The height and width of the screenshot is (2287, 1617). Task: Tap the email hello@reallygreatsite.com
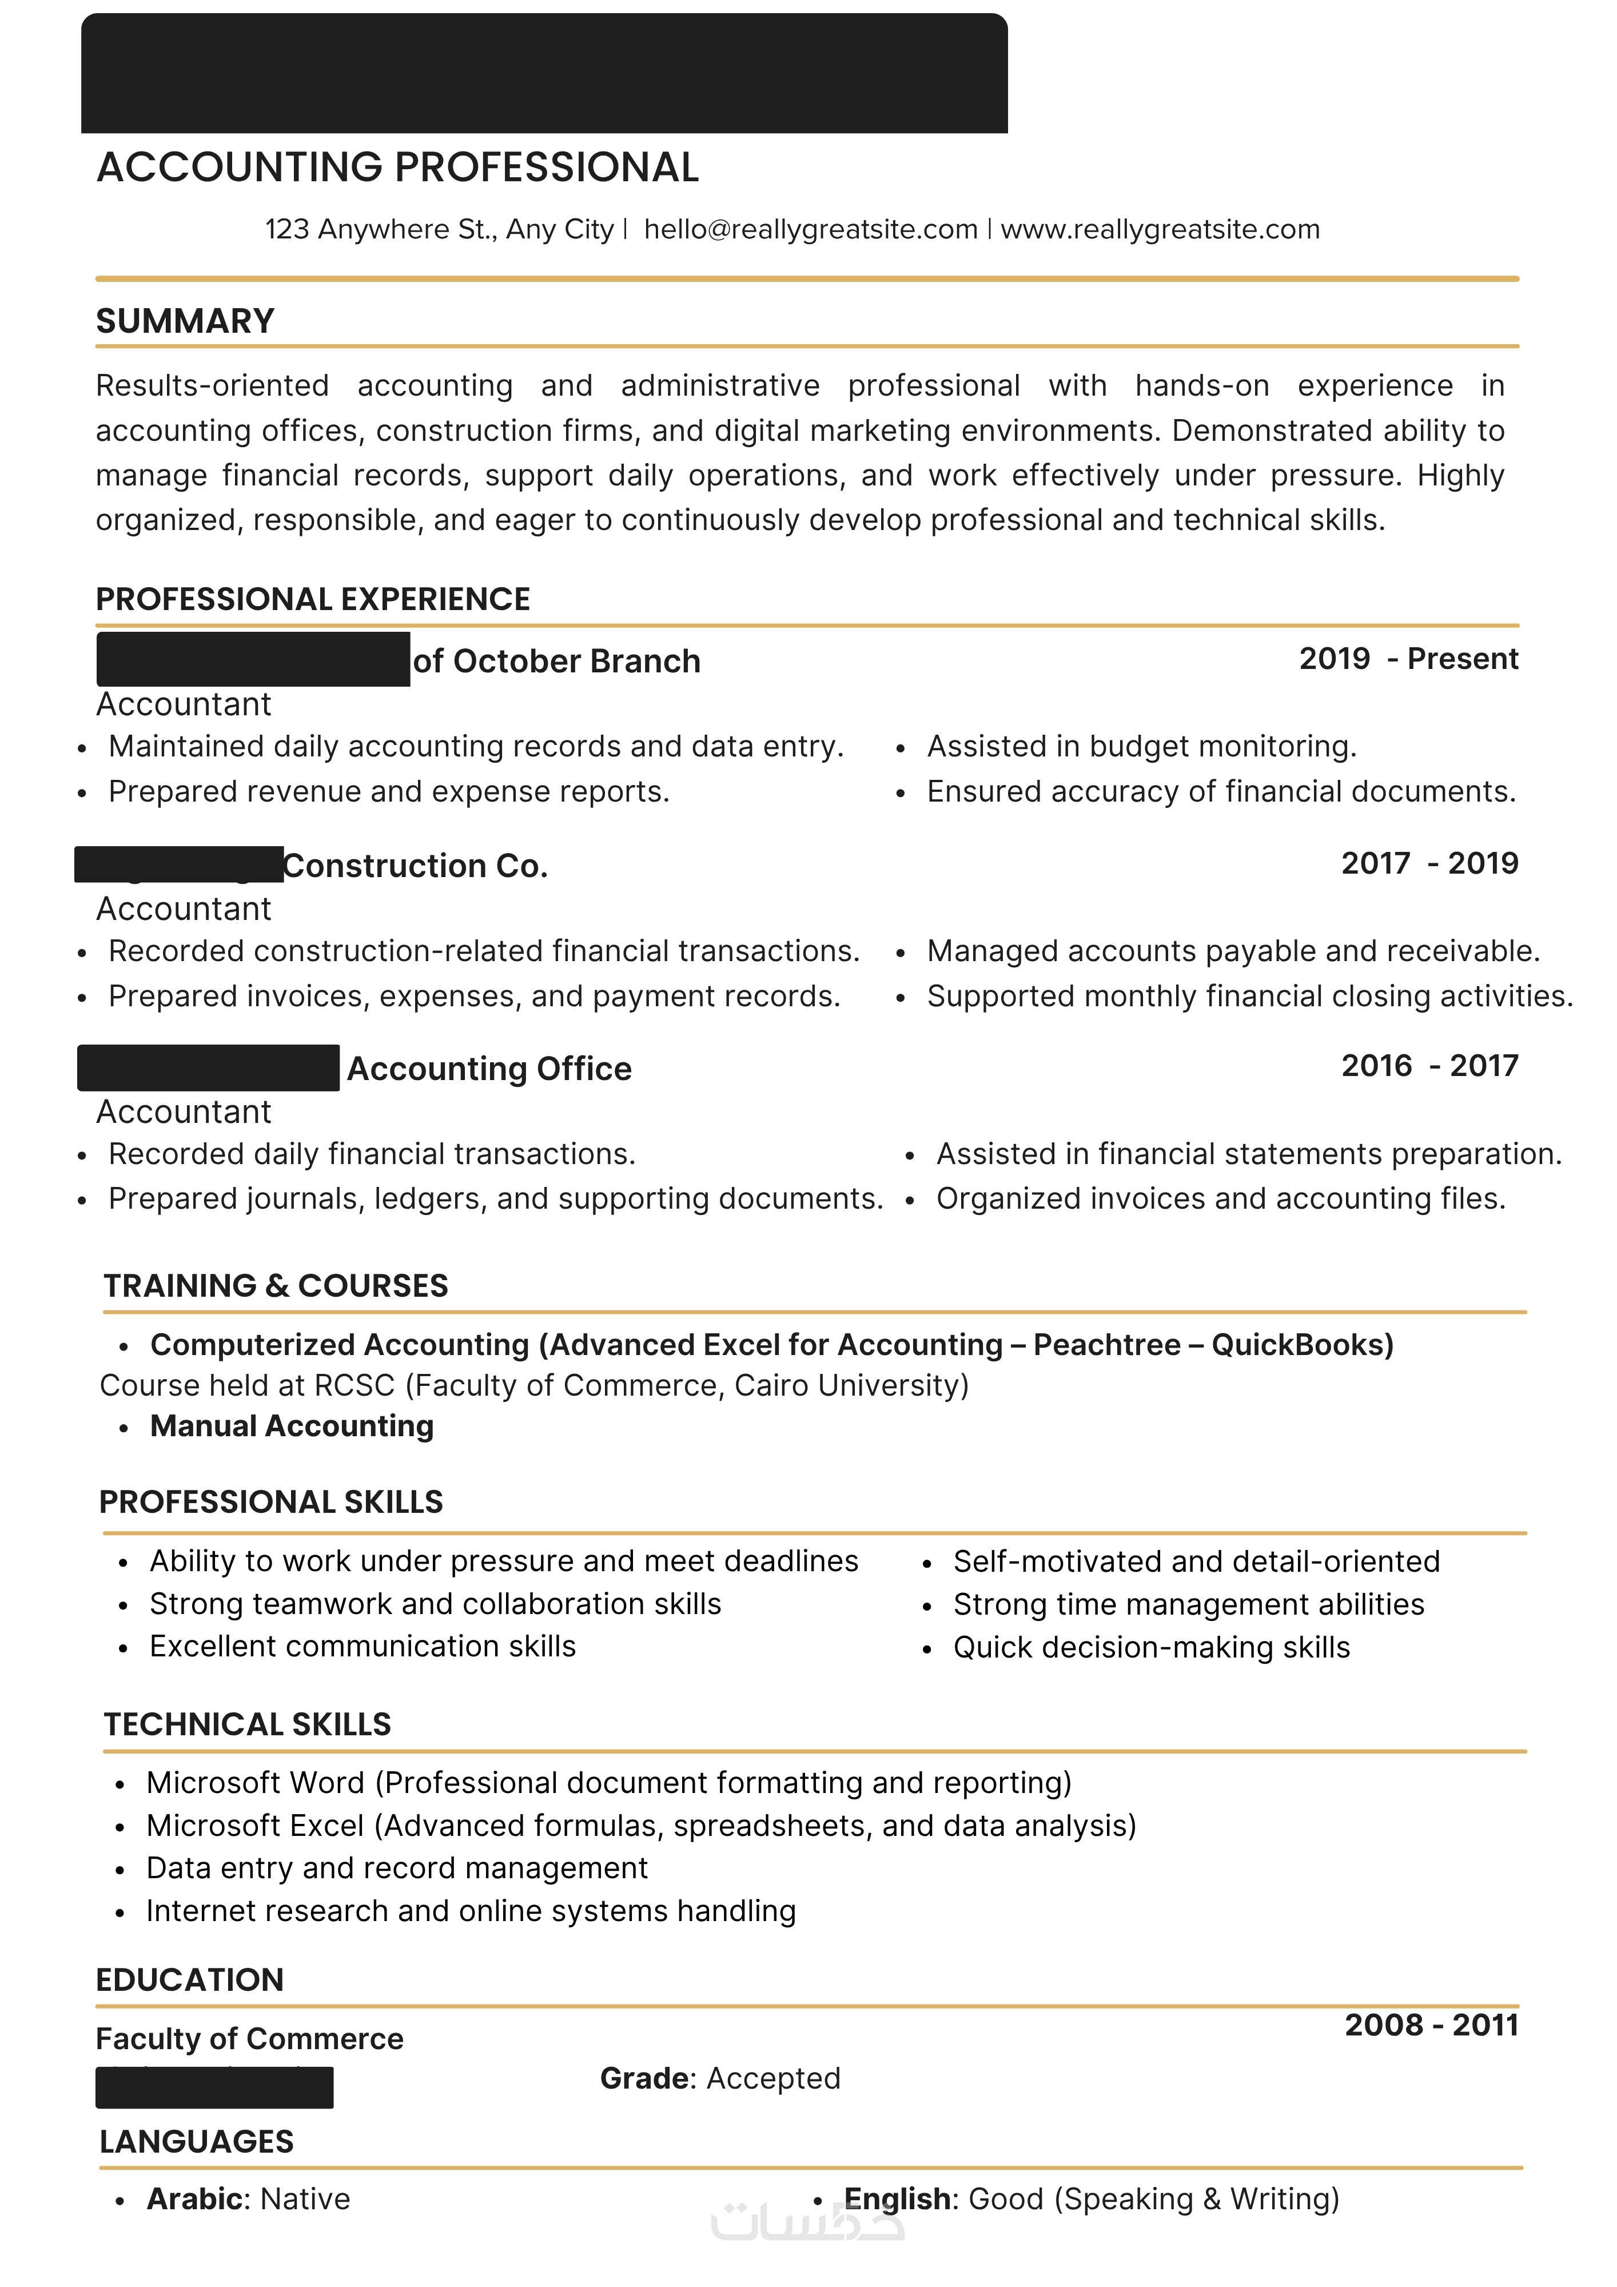tap(810, 230)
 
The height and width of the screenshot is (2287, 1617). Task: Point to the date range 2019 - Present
tap(1408, 659)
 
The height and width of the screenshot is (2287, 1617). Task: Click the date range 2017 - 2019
tap(1429, 863)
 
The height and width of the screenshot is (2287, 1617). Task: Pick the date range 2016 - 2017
tap(1429, 1066)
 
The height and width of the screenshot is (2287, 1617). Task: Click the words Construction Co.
tap(416, 867)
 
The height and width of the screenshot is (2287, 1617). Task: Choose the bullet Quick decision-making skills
tap(1151, 1648)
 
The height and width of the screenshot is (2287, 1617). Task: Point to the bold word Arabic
tap(194, 2200)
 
